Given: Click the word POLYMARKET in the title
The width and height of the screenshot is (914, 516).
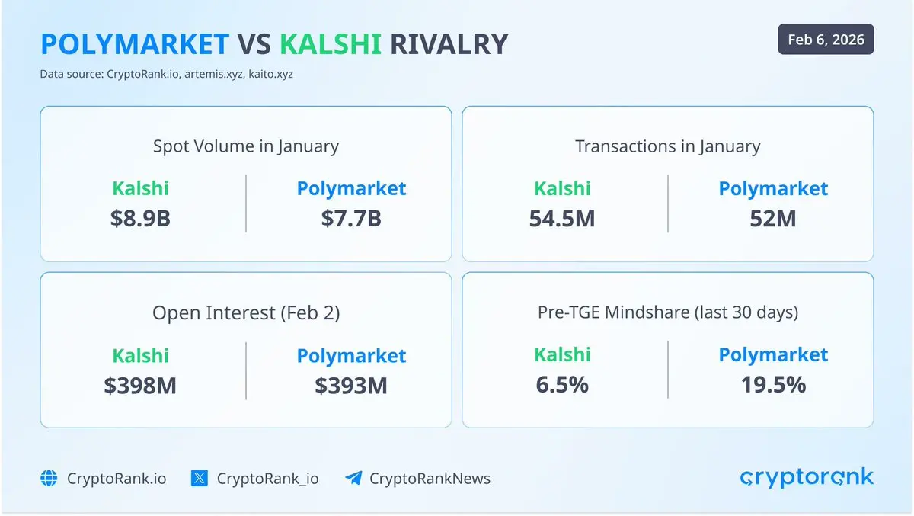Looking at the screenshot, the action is pyautogui.click(x=135, y=43).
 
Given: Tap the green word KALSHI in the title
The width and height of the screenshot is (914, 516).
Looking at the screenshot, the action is pyautogui.click(x=331, y=43).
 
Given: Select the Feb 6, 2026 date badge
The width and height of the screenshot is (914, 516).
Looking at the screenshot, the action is pyautogui.click(x=826, y=39).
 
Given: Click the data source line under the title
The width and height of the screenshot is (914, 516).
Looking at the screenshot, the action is pyautogui.click(x=167, y=74).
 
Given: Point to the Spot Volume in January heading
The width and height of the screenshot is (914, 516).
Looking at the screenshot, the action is pyautogui.click(x=246, y=146).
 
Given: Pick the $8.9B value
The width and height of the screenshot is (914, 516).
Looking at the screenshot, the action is pyautogui.click(x=140, y=218).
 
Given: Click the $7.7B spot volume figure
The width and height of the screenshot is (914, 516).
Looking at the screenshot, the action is pyautogui.click(x=351, y=218).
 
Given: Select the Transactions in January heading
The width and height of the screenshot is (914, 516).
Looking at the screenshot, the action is pyautogui.click(x=668, y=146).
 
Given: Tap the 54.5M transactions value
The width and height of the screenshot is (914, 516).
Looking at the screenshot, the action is pyautogui.click(x=562, y=219).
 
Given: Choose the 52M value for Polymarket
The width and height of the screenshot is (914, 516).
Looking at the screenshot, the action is pyautogui.click(x=773, y=219).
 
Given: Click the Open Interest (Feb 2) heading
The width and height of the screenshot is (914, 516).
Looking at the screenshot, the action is pyautogui.click(x=246, y=312).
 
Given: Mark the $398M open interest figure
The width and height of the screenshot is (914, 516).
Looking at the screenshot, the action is pyautogui.click(x=140, y=386).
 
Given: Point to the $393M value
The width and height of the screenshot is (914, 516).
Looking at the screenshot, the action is pyautogui.click(x=351, y=386).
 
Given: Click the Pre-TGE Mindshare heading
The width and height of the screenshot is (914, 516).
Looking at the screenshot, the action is pyautogui.click(x=668, y=312).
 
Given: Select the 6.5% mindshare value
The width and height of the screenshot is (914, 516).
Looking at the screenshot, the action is pyautogui.click(x=562, y=385).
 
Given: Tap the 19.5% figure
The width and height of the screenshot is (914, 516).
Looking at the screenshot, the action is pyautogui.click(x=773, y=385).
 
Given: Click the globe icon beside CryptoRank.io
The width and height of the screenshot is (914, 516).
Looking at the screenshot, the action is pyautogui.click(x=49, y=478).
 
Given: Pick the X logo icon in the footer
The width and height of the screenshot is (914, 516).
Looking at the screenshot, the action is pyautogui.click(x=200, y=478).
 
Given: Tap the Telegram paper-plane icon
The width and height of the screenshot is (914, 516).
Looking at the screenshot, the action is pyautogui.click(x=353, y=478).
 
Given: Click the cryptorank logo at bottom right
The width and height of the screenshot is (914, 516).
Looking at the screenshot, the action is pyautogui.click(x=807, y=478).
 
